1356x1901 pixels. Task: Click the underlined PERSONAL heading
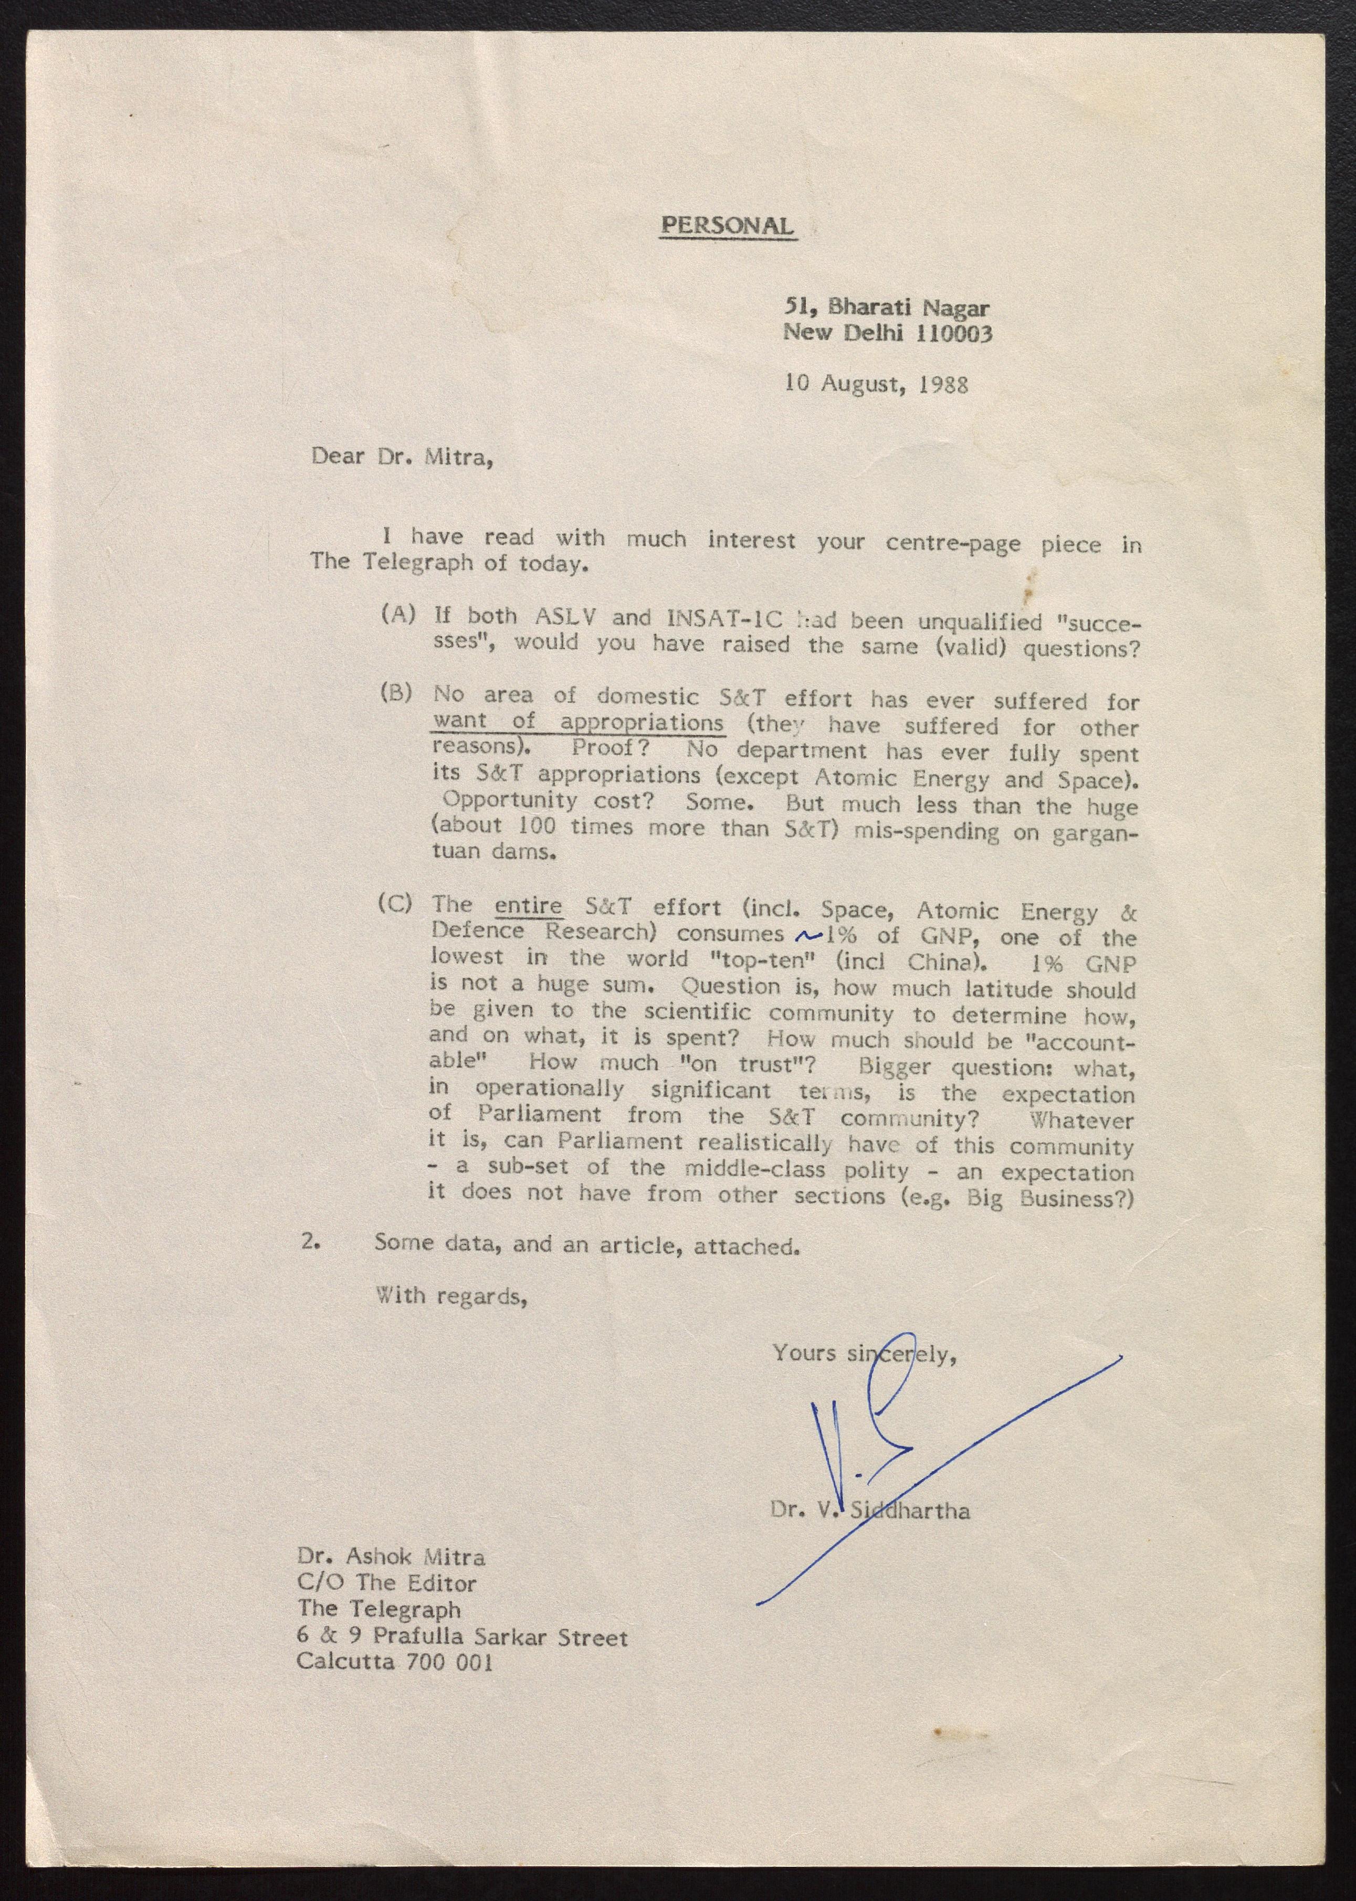pos(727,225)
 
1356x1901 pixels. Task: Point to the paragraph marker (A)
pos(397,615)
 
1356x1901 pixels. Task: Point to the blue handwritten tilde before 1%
pos(809,936)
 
